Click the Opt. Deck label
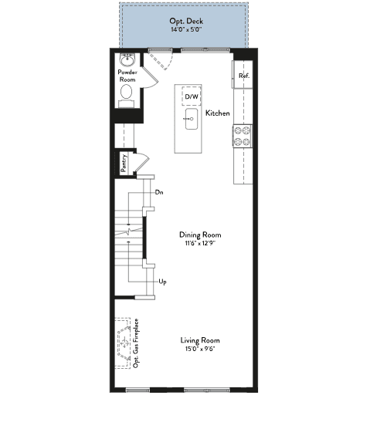coord(186,21)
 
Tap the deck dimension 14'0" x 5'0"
coord(186,29)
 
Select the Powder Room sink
coord(127,60)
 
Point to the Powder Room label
coord(127,76)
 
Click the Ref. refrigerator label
coord(244,76)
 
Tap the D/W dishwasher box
coord(192,96)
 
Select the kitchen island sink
coord(192,119)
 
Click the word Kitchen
coord(218,113)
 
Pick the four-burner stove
coord(243,136)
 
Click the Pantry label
coord(124,163)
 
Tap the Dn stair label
coord(159,192)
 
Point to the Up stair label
coord(163,282)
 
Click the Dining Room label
coord(200,235)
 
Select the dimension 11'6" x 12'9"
coord(200,243)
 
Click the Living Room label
coord(200,340)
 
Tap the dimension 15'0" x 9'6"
coord(200,349)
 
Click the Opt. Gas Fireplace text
coord(136,343)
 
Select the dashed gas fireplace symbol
coord(123,343)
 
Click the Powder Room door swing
coord(150,78)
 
